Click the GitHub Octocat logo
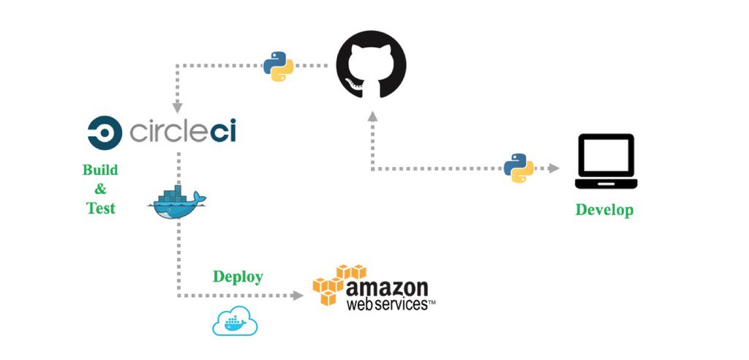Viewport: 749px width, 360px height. tap(371, 65)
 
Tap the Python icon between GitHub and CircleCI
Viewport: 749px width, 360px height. tap(278, 66)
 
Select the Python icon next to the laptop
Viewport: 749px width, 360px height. tap(519, 168)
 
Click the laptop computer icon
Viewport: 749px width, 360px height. tap(606, 162)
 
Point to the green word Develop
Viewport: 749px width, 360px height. tap(604, 210)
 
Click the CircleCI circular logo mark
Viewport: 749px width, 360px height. tap(105, 132)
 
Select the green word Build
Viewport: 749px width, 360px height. tap(100, 170)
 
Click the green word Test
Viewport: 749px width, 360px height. tap(100, 208)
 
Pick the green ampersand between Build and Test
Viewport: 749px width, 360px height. tap(100, 189)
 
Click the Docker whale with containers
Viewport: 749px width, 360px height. tap(176, 201)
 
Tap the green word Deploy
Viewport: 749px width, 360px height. tap(238, 277)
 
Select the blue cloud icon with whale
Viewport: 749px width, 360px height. tap(235, 321)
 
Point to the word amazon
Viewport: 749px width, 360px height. tap(387, 285)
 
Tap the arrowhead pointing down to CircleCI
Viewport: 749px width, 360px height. tap(177, 108)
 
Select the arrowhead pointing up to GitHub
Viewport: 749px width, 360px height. tap(372, 116)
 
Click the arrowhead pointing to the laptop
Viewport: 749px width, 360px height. tap(554, 168)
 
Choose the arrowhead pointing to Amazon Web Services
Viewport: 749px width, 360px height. tap(297, 296)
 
